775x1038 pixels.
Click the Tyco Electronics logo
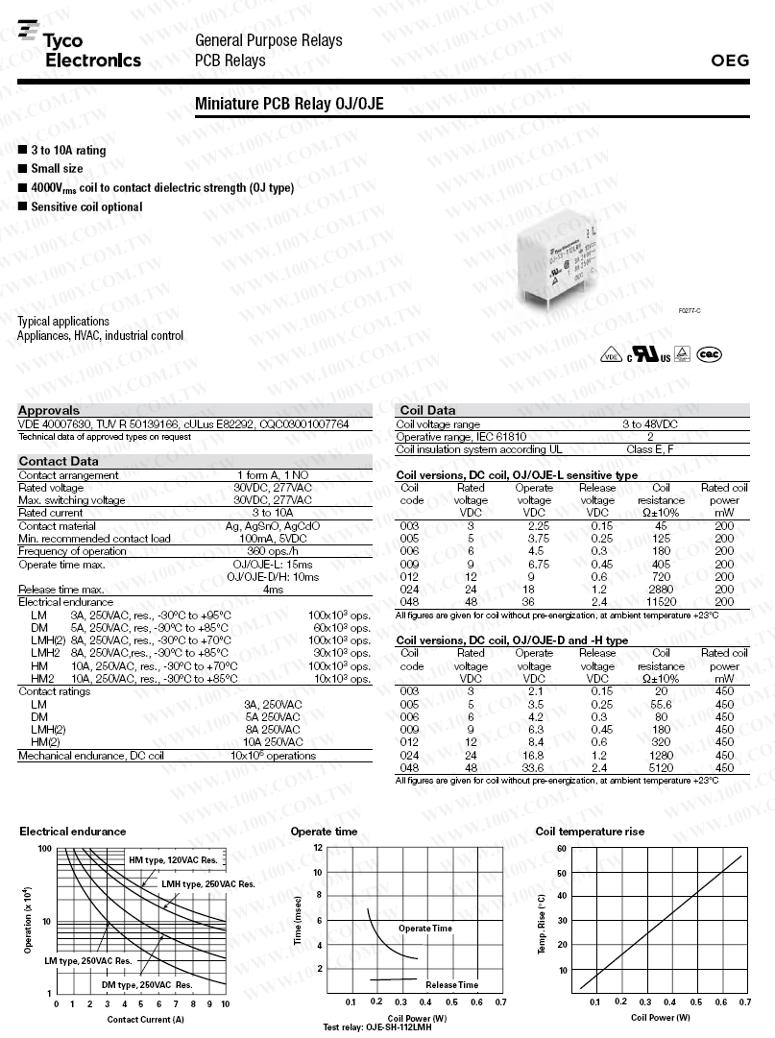pos(80,49)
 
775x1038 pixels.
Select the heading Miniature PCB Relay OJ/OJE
pos(289,103)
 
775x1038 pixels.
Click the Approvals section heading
pos(49,410)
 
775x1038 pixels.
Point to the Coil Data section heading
pos(426,410)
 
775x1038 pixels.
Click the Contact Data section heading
pos(58,461)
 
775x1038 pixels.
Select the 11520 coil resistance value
pos(661,601)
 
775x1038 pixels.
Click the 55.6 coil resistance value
pos(661,704)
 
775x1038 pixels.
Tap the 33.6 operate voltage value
pos(534,767)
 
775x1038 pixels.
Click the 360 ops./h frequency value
pos(273,551)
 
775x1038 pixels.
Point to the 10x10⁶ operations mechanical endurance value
pos(273,756)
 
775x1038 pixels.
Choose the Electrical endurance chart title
pos(72,832)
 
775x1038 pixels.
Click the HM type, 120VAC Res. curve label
pos(174,859)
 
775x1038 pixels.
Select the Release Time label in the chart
pos(451,985)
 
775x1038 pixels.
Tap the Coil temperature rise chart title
pos(590,832)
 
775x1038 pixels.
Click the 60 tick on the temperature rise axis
pos(561,849)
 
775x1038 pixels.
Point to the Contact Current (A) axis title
pos(145,1019)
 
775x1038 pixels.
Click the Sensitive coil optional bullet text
pos(85,207)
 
